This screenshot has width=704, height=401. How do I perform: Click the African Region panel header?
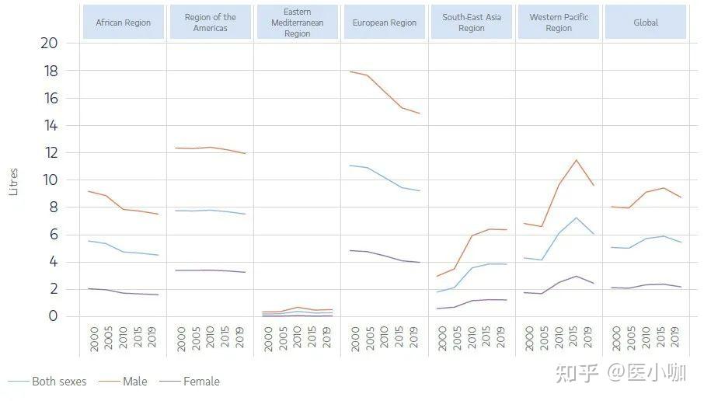[x=123, y=23]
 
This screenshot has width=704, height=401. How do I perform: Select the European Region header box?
[x=385, y=23]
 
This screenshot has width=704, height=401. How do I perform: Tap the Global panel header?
[x=646, y=23]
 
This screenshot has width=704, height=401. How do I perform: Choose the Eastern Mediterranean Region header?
[x=297, y=23]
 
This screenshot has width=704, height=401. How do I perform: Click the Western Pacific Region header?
[x=559, y=23]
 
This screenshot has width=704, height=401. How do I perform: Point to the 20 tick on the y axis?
[x=48, y=44]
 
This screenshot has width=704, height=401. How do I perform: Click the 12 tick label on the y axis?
[x=48, y=153]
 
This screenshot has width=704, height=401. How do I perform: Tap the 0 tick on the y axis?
[x=52, y=316]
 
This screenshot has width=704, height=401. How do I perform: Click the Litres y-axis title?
[x=14, y=180]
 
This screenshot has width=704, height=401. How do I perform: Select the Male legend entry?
[x=134, y=382]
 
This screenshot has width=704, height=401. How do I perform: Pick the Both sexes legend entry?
[x=58, y=382]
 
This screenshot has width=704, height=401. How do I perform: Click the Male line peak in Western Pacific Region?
[x=576, y=160]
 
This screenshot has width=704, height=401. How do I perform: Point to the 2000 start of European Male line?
[x=350, y=71]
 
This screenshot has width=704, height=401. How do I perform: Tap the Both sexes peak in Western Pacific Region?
[x=576, y=218]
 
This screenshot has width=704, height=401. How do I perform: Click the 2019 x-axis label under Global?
[x=676, y=337]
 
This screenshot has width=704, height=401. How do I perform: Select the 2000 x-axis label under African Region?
[x=95, y=337]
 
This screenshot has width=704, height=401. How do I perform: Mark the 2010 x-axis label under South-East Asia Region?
[x=472, y=337]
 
